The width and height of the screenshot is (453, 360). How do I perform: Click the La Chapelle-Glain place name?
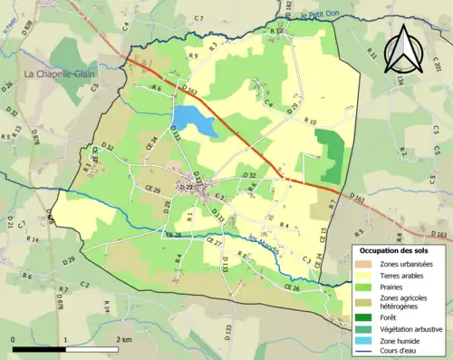click(62, 73)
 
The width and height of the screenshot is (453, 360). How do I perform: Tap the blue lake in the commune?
click(193, 121)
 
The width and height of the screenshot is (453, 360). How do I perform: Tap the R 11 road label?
click(372, 56)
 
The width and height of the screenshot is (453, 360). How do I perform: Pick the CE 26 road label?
click(292, 288)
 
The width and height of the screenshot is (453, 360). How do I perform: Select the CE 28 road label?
click(173, 235)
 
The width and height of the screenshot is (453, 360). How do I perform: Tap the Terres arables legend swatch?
click(365, 275)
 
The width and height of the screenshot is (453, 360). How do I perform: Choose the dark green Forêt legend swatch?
click(365, 316)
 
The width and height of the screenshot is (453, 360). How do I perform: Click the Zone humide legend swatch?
click(365, 340)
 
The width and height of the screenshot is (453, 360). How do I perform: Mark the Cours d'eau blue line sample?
click(365, 351)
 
